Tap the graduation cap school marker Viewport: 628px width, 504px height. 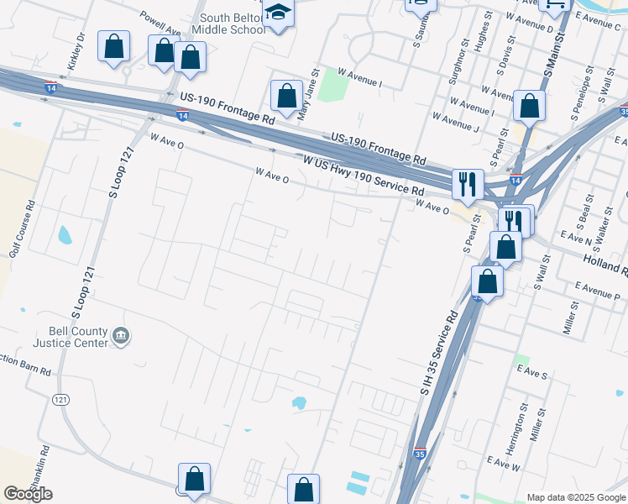point(278,14)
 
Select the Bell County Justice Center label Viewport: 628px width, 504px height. point(71,337)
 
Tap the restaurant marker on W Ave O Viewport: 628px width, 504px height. point(466,183)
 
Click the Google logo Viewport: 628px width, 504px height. point(28,493)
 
